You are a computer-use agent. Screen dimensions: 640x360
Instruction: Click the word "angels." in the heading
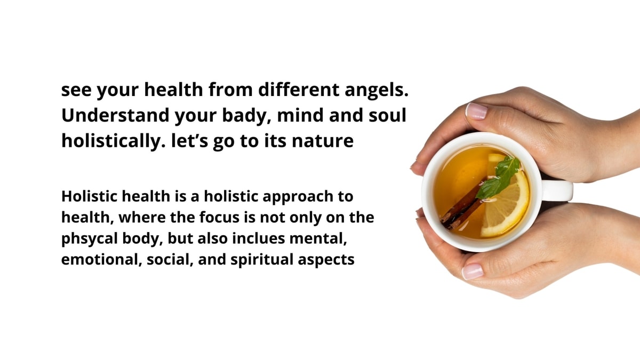pyautogui.click(x=377, y=90)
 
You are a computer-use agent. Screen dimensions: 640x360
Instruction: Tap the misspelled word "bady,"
pyautogui.click(x=244, y=116)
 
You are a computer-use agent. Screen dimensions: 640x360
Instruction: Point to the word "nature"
pyautogui.click(x=323, y=141)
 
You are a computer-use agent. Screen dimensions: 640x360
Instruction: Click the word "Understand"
pyautogui.click(x=115, y=115)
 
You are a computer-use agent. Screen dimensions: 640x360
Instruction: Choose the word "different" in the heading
pyautogui.click(x=299, y=90)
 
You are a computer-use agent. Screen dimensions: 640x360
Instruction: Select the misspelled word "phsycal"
pyautogui.click(x=90, y=239)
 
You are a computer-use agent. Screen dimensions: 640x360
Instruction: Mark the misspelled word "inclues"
pyautogui.click(x=259, y=238)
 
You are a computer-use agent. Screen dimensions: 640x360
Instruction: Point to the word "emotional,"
pyautogui.click(x=101, y=260)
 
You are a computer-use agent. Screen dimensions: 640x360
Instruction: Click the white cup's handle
pyautogui.click(x=557, y=190)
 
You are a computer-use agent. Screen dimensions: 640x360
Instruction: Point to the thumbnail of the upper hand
pyautogui.click(x=476, y=111)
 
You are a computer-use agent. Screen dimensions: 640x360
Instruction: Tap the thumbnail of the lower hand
pyautogui.click(x=473, y=271)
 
